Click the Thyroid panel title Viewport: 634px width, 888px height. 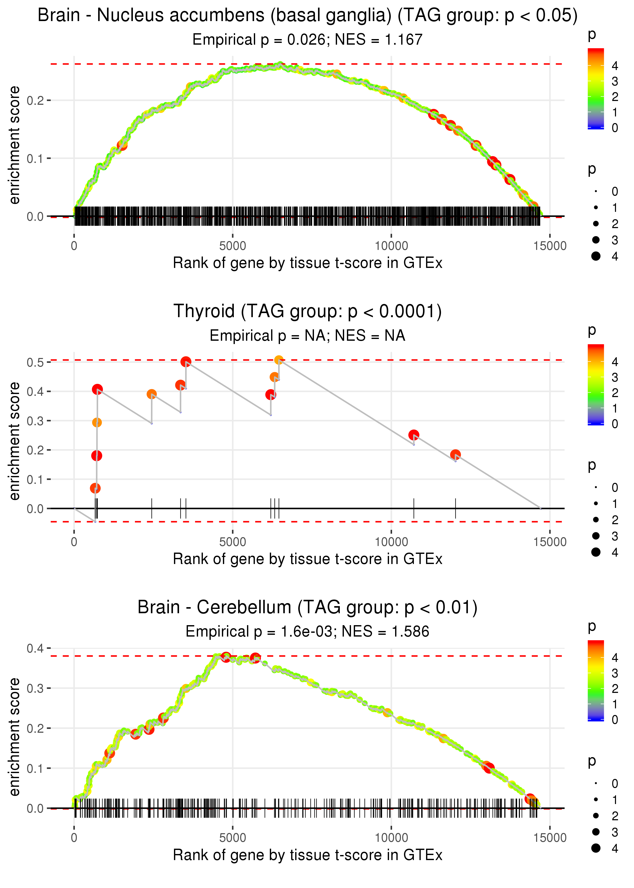pos(307,312)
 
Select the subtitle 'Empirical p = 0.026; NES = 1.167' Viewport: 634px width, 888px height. pos(307,39)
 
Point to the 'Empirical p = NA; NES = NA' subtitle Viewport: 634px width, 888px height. pos(307,335)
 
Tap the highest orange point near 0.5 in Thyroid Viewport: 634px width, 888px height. pos(278,360)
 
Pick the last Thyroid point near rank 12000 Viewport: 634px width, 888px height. pos(455,455)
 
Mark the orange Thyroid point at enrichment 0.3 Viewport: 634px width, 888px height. pos(97,422)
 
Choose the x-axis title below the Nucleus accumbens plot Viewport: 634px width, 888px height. pos(307,263)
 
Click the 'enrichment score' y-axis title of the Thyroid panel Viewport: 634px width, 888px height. pos(14,441)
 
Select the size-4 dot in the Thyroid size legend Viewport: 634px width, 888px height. pos(596,552)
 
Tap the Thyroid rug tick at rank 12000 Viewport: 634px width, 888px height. pos(455,508)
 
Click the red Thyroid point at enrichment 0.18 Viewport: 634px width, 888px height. pos(96,456)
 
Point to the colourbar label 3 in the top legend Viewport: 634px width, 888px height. pos(615,81)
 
